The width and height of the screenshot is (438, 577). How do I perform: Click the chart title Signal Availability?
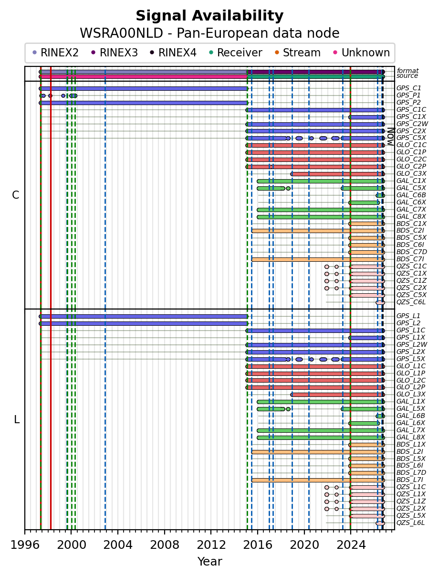[209, 16]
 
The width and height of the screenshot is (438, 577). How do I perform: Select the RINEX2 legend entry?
[55, 53]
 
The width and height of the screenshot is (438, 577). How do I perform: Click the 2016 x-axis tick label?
[258, 545]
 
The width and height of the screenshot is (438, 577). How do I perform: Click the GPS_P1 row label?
[408, 95]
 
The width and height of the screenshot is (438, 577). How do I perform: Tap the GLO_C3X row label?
[411, 173]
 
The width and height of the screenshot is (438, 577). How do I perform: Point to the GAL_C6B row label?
[411, 195]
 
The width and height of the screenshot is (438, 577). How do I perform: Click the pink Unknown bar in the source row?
[144, 76]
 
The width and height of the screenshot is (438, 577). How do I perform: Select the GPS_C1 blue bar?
[144, 88]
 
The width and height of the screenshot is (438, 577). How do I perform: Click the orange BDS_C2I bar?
[318, 231]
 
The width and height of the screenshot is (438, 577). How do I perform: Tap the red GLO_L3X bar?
[338, 395]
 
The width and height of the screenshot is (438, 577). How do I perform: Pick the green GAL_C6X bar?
[364, 203]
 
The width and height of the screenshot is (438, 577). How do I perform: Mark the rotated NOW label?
[391, 137]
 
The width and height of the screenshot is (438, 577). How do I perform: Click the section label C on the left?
[15, 195]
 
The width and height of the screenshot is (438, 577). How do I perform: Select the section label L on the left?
[17, 420]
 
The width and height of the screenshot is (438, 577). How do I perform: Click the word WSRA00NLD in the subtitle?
[121, 33]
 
